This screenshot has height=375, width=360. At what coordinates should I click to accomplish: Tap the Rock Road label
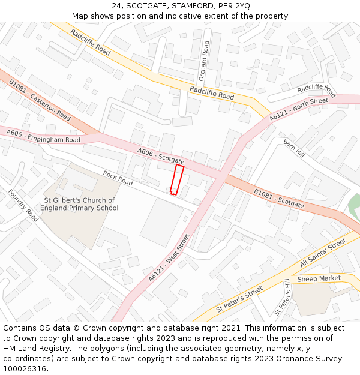(x=117, y=178)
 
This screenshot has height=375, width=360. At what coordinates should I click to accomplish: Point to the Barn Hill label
(x=294, y=148)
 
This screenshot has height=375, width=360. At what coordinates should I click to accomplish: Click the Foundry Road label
(x=23, y=206)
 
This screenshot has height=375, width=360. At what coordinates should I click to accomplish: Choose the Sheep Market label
(x=319, y=278)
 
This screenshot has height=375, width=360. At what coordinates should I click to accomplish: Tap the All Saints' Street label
(x=323, y=253)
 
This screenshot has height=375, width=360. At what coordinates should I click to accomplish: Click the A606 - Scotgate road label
(x=160, y=157)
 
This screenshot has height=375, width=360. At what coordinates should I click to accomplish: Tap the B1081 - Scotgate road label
(x=278, y=199)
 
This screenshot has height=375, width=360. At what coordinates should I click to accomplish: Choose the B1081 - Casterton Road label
(x=40, y=100)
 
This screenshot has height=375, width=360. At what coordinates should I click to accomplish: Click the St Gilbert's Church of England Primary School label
(x=79, y=204)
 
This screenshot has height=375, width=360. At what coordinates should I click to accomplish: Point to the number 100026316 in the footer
(x=24, y=368)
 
